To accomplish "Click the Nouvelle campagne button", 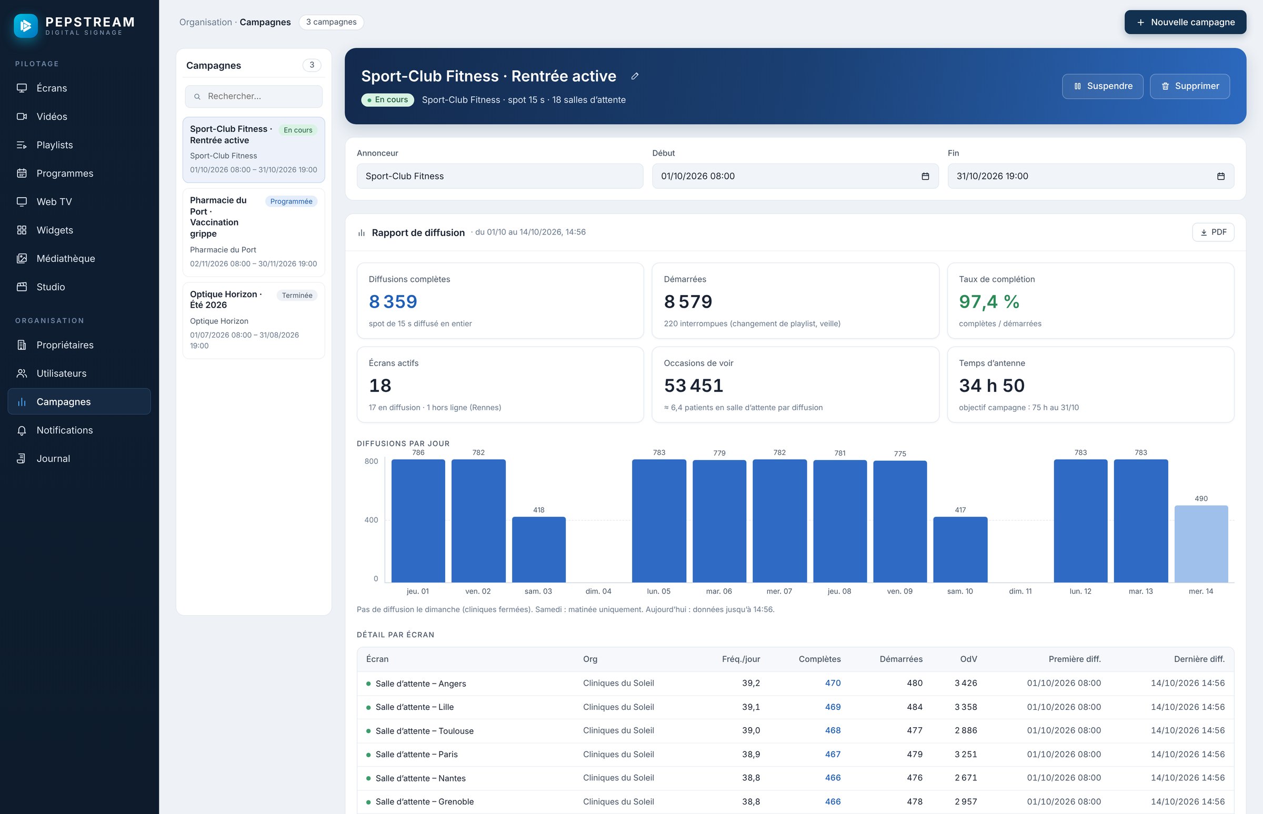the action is coord(1185,22).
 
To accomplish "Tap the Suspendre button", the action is coord(1102,86).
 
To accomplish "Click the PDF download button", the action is coord(1213,232).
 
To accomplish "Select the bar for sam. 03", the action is coord(538,549).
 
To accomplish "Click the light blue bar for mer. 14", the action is coord(1200,544).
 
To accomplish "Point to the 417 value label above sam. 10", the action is coord(960,510).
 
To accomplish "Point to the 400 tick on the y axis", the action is coord(371,520).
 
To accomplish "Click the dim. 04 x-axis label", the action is coord(598,591).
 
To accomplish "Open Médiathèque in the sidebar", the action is coord(66,259).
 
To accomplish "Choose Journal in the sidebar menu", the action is coord(53,459).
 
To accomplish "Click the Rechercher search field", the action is coord(253,96).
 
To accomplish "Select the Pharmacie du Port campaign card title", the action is coord(218,217).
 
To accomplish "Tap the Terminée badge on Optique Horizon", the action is coord(297,296).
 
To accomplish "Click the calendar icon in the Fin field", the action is coord(1220,177).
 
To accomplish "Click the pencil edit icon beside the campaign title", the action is coord(635,76).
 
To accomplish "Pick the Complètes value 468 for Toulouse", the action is coord(833,730).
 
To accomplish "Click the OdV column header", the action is coord(968,659).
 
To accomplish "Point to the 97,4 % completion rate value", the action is coord(988,301).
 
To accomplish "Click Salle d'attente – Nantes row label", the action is coord(420,778).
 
